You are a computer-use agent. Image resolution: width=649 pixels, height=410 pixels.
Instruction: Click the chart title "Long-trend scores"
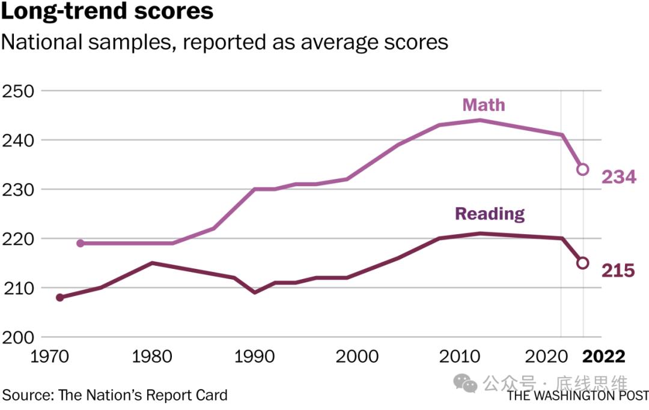[107, 12]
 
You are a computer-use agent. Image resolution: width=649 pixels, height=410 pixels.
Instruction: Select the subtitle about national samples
[225, 43]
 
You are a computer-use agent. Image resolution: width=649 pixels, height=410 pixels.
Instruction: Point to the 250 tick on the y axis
[17, 91]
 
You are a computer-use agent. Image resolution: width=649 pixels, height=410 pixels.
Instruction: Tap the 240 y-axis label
[17, 140]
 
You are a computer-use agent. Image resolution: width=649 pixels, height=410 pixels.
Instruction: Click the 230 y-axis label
[17, 190]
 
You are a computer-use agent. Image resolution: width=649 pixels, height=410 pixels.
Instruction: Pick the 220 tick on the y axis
[17, 239]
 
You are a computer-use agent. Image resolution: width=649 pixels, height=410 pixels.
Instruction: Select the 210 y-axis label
[17, 288]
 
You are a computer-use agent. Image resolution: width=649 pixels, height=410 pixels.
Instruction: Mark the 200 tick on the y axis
[17, 337]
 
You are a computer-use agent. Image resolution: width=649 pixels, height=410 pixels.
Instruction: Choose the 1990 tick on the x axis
[254, 357]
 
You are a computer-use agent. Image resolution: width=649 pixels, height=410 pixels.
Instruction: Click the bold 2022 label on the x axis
[604, 357]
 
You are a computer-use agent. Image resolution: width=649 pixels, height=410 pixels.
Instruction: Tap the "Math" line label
[483, 105]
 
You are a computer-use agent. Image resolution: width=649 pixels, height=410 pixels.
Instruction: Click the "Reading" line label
[490, 214]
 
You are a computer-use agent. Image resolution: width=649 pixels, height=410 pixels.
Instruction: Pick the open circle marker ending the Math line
[582, 169]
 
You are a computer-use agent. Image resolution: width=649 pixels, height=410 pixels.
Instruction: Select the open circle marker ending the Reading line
[582, 263]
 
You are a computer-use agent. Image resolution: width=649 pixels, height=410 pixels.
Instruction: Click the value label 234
[618, 177]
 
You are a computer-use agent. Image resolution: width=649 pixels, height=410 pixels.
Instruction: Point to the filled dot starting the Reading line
[59, 297]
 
